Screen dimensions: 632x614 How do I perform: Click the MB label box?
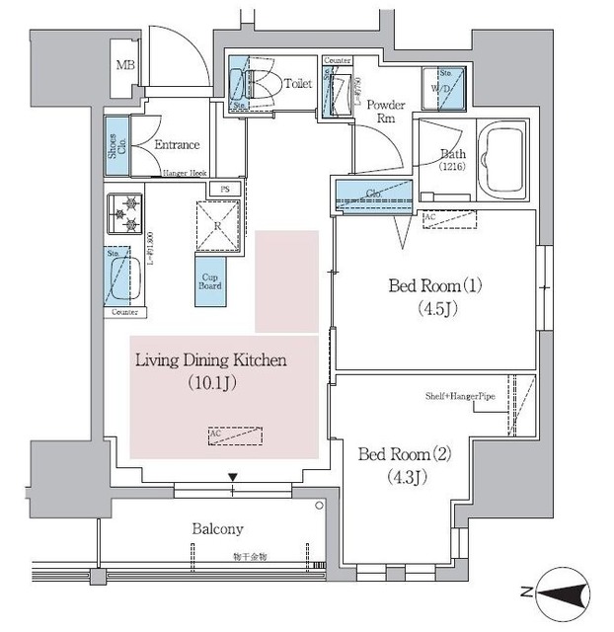click(126, 67)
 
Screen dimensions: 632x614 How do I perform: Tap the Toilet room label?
click(297, 84)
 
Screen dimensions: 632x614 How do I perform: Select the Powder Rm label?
click(386, 111)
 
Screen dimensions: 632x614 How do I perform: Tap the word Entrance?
click(178, 144)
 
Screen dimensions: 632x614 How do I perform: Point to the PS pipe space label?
click(226, 189)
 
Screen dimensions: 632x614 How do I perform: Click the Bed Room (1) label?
click(435, 286)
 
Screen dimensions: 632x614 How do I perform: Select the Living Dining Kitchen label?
click(210, 360)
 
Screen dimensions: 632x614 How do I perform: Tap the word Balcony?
click(218, 528)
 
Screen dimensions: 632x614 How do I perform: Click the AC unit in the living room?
click(236, 434)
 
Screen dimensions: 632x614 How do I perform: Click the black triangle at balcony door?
click(233, 479)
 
